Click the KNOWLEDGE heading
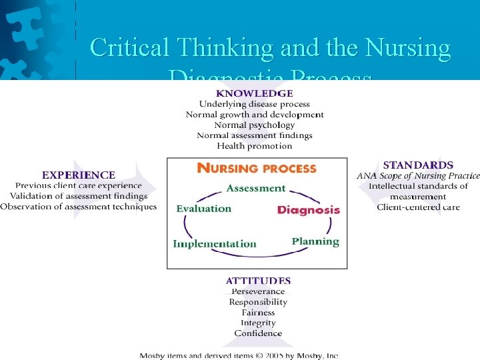coord(254,93)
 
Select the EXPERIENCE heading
coord(79,175)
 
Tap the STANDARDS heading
coord(418,165)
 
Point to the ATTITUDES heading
coord(258,281)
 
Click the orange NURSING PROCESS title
coord(257,169)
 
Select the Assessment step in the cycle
coord(256,189)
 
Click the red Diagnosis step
coord(309,209)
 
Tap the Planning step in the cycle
coord(315,241)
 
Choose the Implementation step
coord(215,243)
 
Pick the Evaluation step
coord(204,209)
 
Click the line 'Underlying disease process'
coord(254,104)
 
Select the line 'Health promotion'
coord(255,146)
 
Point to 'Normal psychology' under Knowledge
coord(254,125)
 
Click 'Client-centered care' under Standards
coord(418,207)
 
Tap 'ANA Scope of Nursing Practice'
coord(418,175)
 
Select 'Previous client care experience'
coord(79,185)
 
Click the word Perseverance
coord(258,291)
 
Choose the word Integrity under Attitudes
coord(258,323)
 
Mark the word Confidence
coord(258,333)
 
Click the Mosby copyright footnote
coord(239,355)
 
